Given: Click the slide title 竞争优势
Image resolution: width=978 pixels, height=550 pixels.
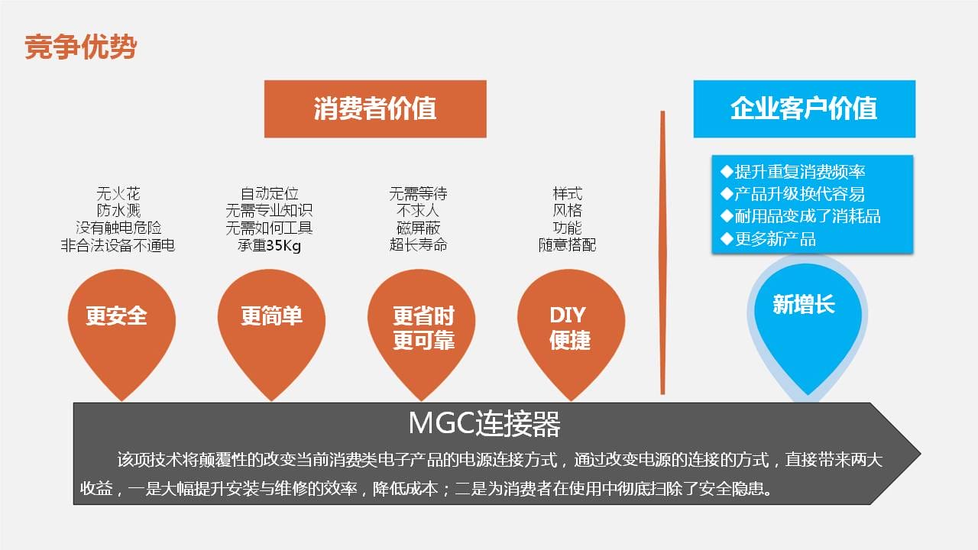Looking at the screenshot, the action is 81,47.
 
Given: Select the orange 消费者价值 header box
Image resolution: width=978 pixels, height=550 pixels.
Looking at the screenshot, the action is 375,108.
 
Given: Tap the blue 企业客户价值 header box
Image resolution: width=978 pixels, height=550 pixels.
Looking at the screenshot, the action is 805,108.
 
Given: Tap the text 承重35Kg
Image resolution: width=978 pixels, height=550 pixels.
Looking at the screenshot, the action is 270,245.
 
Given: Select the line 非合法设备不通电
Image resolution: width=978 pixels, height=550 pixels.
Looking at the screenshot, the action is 118,245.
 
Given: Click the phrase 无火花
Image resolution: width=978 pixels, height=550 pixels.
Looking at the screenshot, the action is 118,193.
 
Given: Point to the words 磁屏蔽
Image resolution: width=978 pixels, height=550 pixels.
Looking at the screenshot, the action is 418,228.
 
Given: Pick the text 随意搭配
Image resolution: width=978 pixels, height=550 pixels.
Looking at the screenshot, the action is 567,245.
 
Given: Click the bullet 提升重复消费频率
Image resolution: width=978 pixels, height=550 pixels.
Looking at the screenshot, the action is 792,172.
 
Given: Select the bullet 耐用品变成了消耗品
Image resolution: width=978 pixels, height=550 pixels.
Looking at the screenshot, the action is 800,216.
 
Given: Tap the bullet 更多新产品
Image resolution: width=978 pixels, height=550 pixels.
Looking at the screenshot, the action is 768,239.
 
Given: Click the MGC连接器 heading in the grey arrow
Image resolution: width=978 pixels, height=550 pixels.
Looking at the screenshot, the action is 484,423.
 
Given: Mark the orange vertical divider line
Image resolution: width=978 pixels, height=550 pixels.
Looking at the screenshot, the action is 662,252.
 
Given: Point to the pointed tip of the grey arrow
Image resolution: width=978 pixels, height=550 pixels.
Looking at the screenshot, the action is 921,454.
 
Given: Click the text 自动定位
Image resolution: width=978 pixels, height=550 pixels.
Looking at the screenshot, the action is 270,193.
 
